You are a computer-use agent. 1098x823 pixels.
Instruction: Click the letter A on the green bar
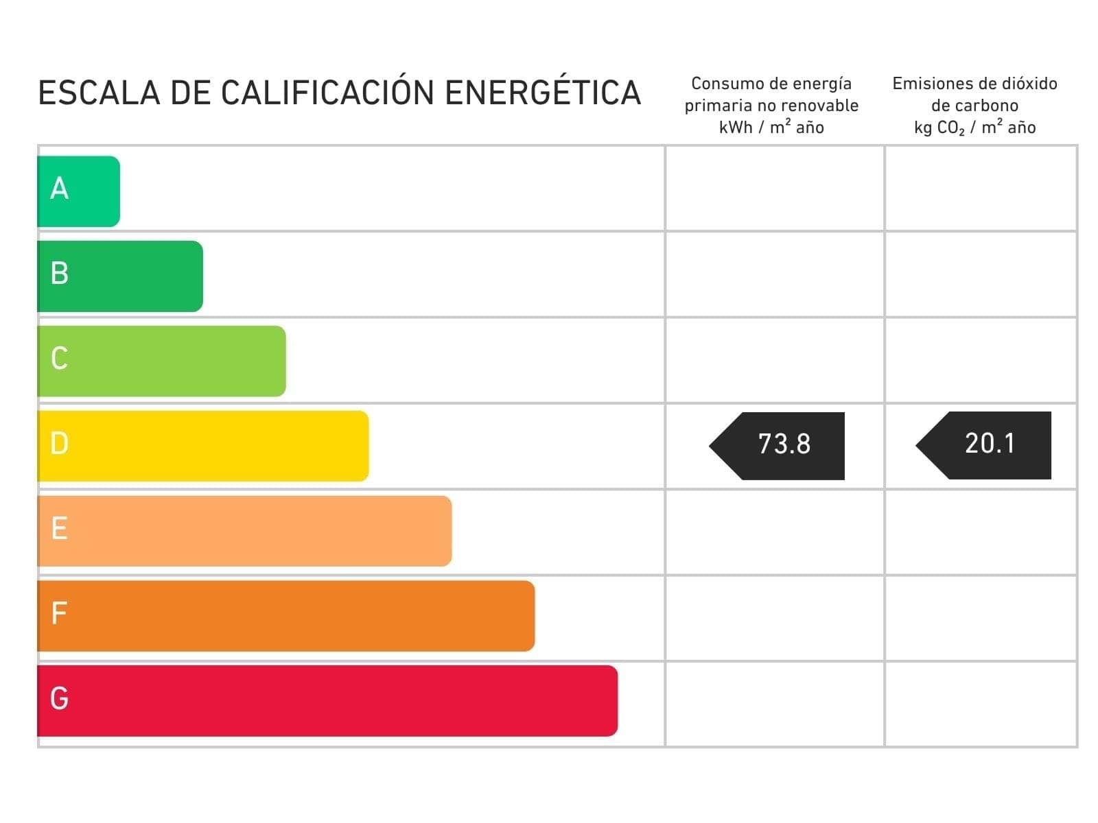(x=60, y=189)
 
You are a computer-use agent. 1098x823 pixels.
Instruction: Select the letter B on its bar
(x=60, y=273)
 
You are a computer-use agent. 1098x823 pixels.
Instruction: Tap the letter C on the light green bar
(x=60, y=358)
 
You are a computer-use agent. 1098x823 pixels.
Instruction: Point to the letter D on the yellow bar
(x=60, y=444)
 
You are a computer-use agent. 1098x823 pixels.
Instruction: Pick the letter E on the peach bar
(x=60, y=529)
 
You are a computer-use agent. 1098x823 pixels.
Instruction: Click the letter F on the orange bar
(x=59, y=613)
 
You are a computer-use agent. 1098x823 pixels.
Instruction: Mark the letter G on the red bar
(x=60, y=699)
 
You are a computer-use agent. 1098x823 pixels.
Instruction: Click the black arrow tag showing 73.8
(x=782, y=445)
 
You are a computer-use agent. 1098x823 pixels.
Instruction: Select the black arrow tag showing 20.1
(x=988, y=444)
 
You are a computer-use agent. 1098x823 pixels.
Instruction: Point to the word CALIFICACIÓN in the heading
(x=327, y=92)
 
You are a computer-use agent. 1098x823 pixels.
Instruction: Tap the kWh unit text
(x=735, y=128)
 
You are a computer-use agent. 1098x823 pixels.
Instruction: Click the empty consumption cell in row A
(x=774, y=189)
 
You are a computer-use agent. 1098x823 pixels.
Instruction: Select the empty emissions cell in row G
(x=981, y=704)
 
